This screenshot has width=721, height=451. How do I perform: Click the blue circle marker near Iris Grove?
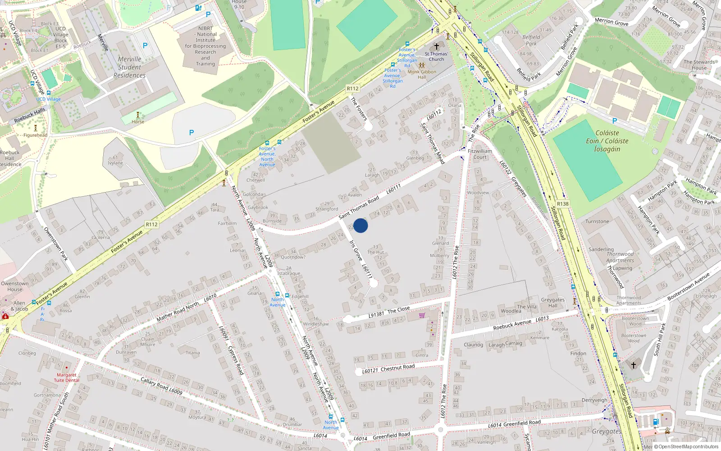pos(360,225)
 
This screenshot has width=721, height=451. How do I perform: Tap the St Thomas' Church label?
pos(436,56)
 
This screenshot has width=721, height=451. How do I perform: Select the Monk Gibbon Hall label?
pos(422,74)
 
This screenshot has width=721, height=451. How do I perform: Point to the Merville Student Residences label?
pos(129,67)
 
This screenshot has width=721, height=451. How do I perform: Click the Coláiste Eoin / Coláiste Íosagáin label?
pos(607,141)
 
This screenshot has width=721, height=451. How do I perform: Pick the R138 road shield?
pos(563,204)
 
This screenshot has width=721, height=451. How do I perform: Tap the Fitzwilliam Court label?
pos(480,154)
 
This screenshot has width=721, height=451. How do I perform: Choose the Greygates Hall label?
pos(552,303)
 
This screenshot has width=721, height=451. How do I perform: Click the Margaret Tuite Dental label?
pos(67,377)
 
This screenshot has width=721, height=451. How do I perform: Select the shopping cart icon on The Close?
pos(422,315)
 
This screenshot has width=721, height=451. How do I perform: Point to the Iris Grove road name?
pos(356,250)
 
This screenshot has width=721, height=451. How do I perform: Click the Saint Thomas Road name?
pos(359,207)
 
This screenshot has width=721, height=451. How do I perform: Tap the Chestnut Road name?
pos(397,368)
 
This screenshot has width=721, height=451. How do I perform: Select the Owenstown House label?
pos(14,286)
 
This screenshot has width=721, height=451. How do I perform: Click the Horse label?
pos(138,122)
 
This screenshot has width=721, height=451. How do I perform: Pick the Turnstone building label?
pos(597,221)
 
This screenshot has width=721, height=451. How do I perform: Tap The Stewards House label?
pos(699,65)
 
